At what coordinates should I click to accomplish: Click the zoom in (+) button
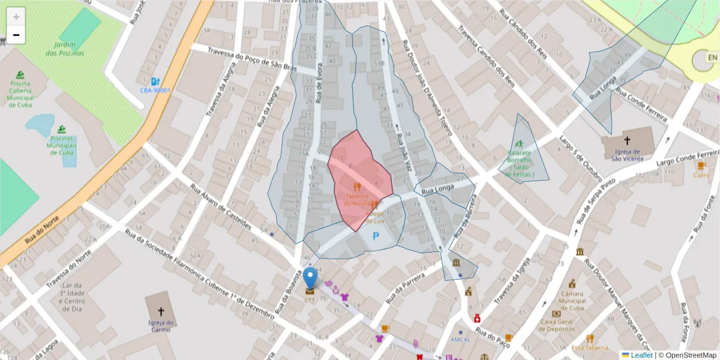[16, 17]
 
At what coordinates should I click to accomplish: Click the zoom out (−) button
[16, 35]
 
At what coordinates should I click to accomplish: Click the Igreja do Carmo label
[161, 326]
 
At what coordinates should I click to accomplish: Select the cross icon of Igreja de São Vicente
[627, 141]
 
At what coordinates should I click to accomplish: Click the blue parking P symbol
[376, 236]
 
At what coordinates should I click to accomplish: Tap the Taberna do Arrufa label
[357, 199]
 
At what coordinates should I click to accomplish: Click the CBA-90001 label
[155, 91]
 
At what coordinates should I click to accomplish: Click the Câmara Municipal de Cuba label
[572, 301]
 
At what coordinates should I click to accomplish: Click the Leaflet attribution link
[641, 355]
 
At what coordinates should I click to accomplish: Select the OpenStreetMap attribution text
[688, 355]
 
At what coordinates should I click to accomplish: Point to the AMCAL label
[461, 340]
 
